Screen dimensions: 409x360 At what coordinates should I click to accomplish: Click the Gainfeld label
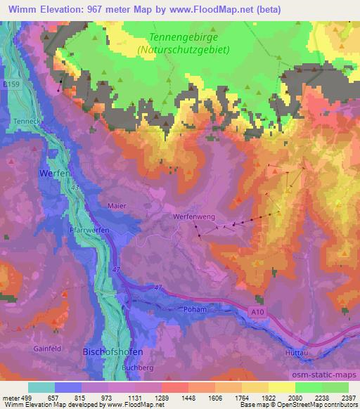pyautogui.click(x=47, y=347)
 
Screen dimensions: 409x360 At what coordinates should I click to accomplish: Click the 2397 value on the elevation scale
pyautogui.click(x=349, y=397)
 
